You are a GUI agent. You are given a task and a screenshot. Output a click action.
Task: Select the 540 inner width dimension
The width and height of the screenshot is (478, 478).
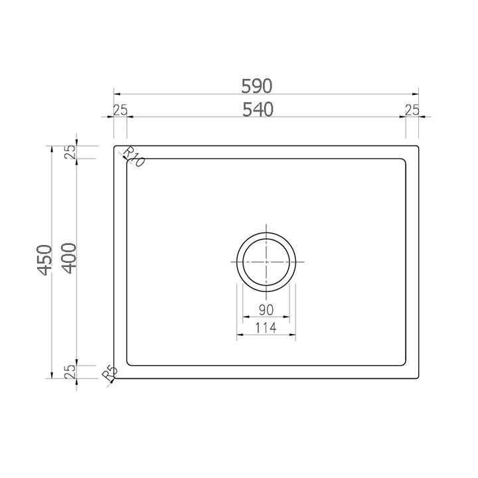[x=259, y=110]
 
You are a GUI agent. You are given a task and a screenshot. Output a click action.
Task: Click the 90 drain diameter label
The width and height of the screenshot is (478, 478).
[x=266, y=310]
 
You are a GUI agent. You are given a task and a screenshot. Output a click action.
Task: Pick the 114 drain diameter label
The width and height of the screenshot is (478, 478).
[x=266, y=327]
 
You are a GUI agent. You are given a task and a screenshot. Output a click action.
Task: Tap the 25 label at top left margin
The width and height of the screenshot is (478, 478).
[x=120, y=110]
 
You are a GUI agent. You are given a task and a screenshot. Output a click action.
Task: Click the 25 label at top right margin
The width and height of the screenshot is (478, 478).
[x=412, y=110]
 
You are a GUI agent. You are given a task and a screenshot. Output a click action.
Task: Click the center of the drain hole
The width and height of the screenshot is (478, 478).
[x=266, y=261]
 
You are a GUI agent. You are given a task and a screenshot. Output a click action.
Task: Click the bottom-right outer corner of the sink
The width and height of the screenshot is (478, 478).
[x=418, y=378]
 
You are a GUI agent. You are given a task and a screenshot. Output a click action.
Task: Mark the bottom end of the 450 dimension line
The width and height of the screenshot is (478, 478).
[x=52, y=378]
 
